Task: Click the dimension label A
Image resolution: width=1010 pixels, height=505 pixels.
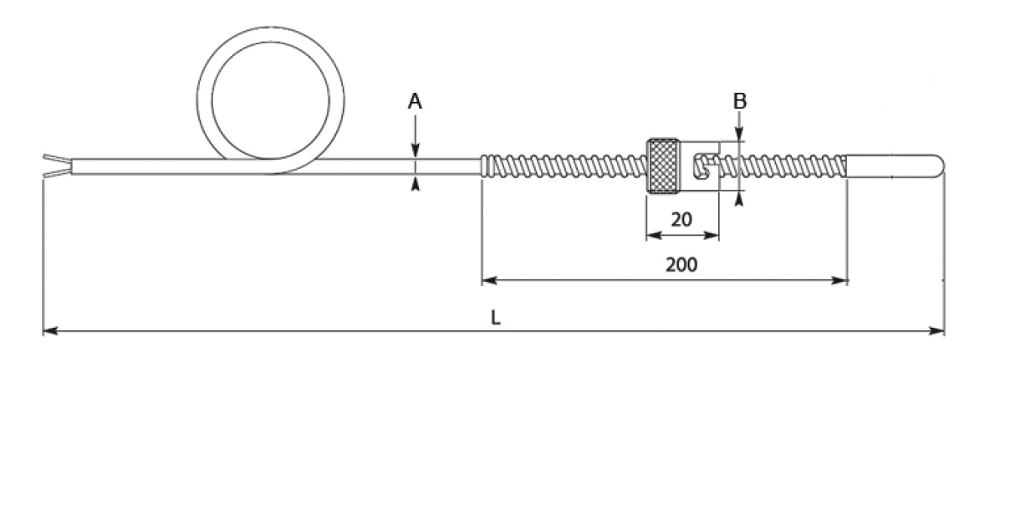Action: coord(415,102)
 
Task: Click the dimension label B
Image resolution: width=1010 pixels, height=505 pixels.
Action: coord(740,101)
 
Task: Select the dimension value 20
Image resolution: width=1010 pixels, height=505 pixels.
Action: coord(681,220)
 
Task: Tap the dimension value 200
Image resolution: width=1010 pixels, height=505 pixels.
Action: coord(681,265)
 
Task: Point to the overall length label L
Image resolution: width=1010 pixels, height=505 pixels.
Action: coord(496,318)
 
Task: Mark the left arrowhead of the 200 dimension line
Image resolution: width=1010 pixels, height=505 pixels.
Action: coord(487,280)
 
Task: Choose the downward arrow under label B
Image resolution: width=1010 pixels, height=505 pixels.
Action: coord(740,135)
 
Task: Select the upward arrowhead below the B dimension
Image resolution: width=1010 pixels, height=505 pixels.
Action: coord(740,198)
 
